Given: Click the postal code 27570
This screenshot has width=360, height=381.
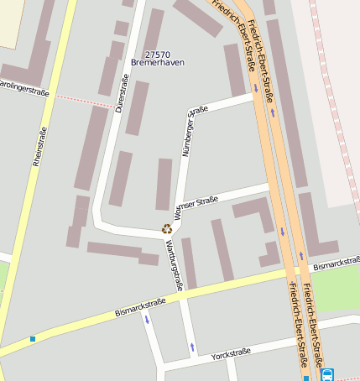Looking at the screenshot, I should (147, 54).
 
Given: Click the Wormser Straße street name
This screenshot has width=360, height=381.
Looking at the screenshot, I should (195, 206).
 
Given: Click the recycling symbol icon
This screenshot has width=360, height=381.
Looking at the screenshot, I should (167, 228).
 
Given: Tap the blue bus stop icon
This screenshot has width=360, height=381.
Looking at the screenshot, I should (327, 374).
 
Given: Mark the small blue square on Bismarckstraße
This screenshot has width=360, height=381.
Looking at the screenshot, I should (33, 339).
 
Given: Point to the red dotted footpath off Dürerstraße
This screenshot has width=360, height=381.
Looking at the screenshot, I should (84, 100).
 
